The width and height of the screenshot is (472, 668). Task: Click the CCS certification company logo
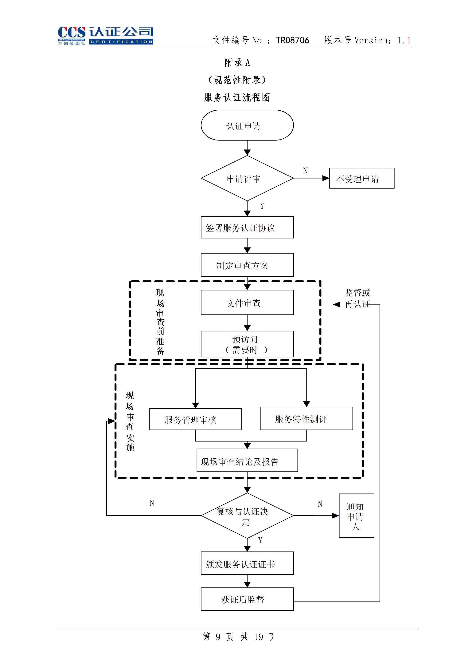pos(105,35)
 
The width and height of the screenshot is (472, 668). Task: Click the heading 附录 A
pos(237,62)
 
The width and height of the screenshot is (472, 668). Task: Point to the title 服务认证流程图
pos(237,97)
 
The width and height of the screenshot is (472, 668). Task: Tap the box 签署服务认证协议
pos(247,227)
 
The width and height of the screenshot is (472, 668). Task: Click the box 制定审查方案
pos(247,265)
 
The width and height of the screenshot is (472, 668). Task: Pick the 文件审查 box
pos(247,302)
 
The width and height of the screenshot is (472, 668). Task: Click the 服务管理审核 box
pos(195,419)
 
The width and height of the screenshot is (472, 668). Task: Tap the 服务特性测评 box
pos(306,419)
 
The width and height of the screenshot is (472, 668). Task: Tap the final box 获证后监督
pos(247,599)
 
